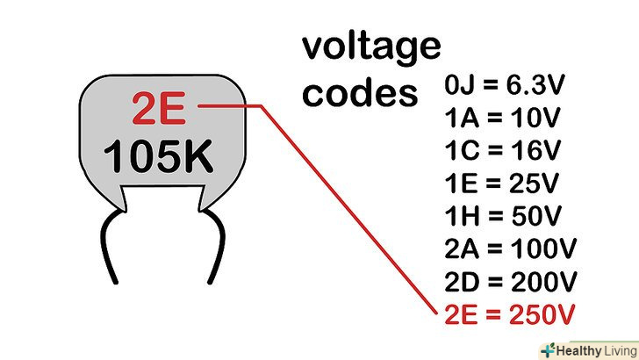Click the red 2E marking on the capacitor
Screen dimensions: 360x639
pos(158,110)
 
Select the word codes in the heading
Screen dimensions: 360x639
pos(360,92)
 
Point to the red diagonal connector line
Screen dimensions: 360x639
pos(351,215)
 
